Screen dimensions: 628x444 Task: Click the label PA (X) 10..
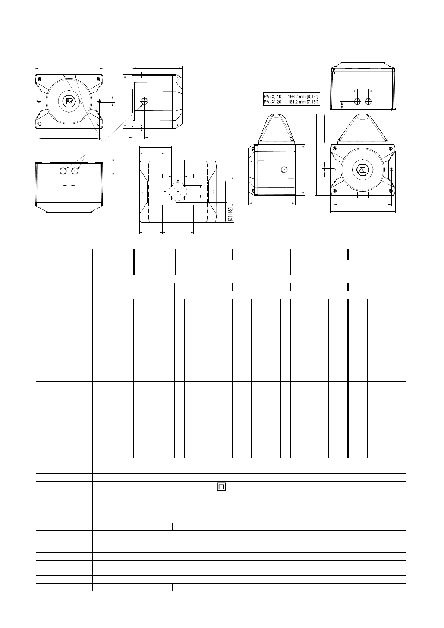(x=274, y=96)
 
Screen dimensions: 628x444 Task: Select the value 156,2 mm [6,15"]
(x=303, y=96)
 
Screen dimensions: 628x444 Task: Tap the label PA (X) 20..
(x=274, y=102)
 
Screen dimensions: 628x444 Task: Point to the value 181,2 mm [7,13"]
(x=303, y=102)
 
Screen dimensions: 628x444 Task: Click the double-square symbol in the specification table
(x=221, y=487)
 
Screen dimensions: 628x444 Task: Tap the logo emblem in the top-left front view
(x=69, y=101)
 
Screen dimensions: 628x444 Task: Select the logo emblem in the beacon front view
(x=362, y=170)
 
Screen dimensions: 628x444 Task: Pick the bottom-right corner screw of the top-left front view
(x=98, y=124)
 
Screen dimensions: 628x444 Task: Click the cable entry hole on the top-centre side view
(x=145, y=101)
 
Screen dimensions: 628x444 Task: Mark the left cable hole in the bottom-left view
(x=63, y=171)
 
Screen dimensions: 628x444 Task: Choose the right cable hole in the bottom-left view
(x=75, y=171)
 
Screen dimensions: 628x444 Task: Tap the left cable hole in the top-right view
(x=357, y=101)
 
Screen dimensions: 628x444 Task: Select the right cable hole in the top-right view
(x=369, y=101)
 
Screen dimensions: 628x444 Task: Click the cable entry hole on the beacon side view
(x=284, y=170)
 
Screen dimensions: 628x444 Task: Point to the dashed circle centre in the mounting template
(x=178, y=192)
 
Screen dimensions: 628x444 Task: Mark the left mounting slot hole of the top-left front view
(x=39, y=101)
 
